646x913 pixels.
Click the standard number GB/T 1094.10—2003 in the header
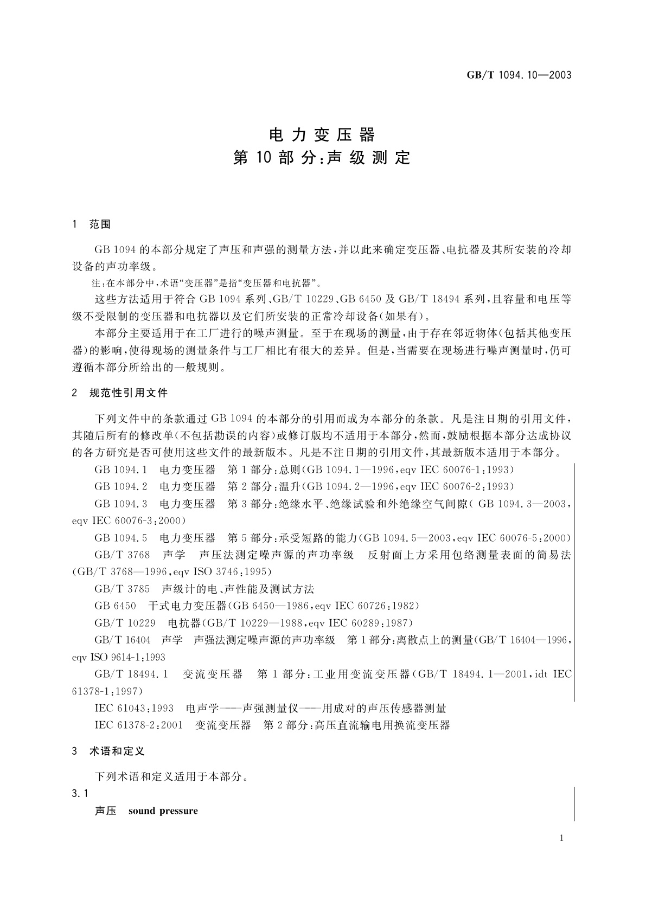tap(519, 75)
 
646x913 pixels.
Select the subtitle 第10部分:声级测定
tap(322, 158)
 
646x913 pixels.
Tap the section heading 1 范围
tap(92, 224)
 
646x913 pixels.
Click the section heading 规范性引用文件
tap(128, 393)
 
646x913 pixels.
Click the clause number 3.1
tap(80, 794)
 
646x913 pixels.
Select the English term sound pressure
tap(163, 811)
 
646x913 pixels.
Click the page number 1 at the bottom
tap(561, 838)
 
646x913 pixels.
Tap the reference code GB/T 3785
tap(122, 589)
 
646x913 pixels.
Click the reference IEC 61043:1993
tap(134, 708)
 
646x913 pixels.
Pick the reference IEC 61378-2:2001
tap(138, 725)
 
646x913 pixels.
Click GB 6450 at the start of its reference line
tap(115, 606)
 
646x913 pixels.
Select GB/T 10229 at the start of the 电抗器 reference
tap(125, 623)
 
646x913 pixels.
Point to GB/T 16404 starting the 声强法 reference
tap(122, 640)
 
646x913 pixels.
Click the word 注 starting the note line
tap(98, 283)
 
